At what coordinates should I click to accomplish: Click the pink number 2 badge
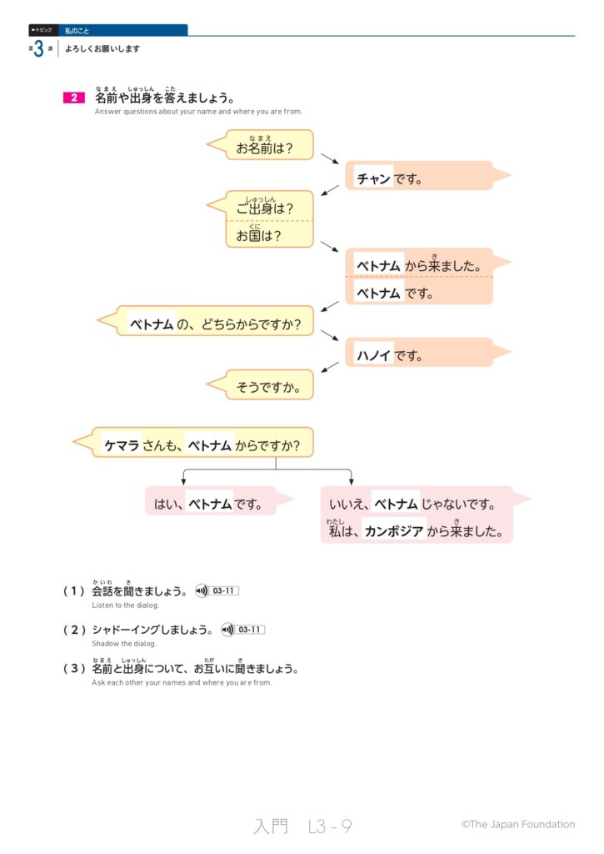pos(73,98)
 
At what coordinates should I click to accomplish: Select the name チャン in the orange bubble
pos(373,178)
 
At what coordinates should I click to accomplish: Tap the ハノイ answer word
pos(373,355)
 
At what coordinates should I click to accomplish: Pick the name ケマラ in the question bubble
pos(121,445)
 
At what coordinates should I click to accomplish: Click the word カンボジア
pos(395,530)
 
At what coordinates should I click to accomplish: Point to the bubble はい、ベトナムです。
pos(209,504)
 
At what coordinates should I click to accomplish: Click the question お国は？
pos(259,235)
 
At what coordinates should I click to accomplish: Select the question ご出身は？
pos(265,208)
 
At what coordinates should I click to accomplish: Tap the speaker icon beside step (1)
pos(201,591)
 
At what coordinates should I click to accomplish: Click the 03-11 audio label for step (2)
pos(250,630)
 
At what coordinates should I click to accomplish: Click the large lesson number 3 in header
pos(38,49)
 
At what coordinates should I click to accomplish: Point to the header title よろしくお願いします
pos(102,49)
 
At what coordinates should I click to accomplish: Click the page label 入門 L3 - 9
pos(302,826)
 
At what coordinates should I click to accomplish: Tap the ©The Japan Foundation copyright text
pos(517,825)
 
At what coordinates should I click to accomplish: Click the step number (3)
pos(74,669)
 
